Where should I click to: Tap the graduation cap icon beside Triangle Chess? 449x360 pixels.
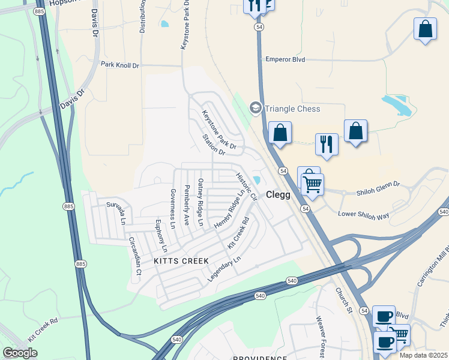(255, 108)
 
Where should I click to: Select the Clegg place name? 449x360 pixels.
(278, 195)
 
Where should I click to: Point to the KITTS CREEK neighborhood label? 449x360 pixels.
(181, 261)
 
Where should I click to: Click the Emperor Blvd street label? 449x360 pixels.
(285, 59)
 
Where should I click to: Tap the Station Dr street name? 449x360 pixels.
(213, 144)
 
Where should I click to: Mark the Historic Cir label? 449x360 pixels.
(246, 187)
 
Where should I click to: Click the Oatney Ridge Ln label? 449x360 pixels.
(201, 203)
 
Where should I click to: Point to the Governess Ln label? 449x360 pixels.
(172, 209)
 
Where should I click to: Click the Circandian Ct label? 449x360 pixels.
(134, 256)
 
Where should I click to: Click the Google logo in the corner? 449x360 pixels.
(20, 353)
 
